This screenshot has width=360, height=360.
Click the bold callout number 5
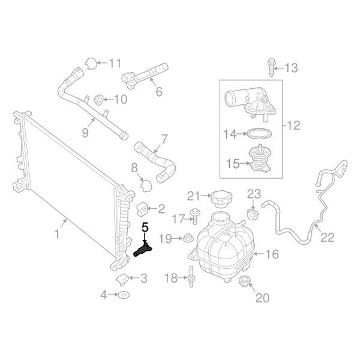coord(145,227)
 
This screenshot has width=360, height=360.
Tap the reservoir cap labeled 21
coord(221,199)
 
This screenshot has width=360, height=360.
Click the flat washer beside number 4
coord(124,295)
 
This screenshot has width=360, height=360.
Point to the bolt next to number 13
coord(271,67)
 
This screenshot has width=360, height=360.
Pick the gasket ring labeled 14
coord(259,134)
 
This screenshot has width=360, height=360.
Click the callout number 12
coord(293,125)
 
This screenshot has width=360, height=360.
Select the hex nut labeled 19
coord(187,238)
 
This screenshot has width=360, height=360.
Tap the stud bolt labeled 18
coord(191,277)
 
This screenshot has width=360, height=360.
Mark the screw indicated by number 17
coord(195,216)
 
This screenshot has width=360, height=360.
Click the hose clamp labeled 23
coord(253,214)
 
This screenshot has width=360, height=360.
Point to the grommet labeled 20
coord(244,282)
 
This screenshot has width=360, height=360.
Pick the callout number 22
coord(327,238)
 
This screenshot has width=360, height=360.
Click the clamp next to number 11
coord(91,64)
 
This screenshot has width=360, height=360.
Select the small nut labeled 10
coord(98,100)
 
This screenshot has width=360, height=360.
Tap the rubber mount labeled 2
coord(142,209)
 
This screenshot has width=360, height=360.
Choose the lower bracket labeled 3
coord(122,280)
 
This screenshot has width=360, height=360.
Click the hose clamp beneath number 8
coord(146,185)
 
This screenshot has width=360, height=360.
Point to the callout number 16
coord(272,254)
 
